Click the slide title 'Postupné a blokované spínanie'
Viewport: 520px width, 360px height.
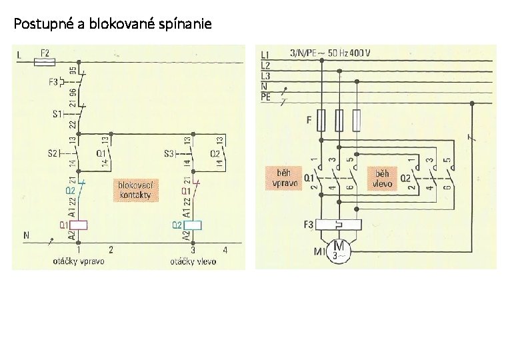[x=113, y=25]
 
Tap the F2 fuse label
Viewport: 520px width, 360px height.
[x=45, y=51]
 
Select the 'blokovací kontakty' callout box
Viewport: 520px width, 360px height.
[x=135, y=189]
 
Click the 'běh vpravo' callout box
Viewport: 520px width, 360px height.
[x=284, y=178]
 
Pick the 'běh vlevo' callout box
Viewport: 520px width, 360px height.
[x=382, y=178]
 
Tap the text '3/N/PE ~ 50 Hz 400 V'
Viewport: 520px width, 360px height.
[x=331, y=53]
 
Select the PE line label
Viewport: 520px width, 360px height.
[x=265, y=97]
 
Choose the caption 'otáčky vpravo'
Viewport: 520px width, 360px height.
[x=79, y=261]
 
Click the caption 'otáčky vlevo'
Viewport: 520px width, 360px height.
[x=193, y=261]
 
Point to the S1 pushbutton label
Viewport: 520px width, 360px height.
[x=57, y=114]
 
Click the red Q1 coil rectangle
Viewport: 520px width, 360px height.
[x=79, y=225]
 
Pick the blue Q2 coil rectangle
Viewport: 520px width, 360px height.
[x=193, y=225]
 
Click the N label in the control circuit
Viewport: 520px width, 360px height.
[x=26, y=235]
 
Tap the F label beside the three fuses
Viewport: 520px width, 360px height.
[x=308, y=121]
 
